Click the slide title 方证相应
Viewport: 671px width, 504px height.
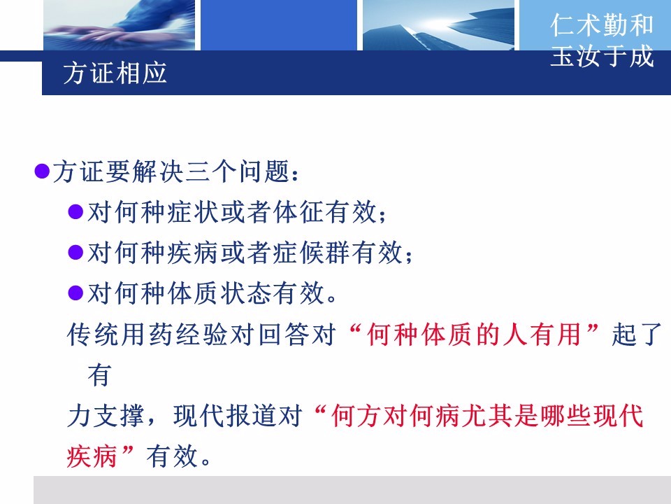(115, 73)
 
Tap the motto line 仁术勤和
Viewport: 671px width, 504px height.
(602, 25)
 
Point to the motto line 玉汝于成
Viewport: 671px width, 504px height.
(602, 56)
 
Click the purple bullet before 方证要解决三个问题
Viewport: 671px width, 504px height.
(42, 171)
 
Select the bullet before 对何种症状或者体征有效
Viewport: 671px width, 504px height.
(75, 211)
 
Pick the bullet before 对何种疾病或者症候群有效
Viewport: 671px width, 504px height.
(75, 253)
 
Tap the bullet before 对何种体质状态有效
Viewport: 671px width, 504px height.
(75, 293)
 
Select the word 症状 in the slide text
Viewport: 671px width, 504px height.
(193, 211)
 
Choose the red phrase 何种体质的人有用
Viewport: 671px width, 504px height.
(474, 335)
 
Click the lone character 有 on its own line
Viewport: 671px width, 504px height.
(99, 375)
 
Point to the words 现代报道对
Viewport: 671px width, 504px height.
(238, 415)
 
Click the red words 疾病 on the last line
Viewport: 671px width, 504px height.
(92, 456)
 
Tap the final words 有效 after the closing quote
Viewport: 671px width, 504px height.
(172, 456)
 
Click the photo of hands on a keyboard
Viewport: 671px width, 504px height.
(119, 25)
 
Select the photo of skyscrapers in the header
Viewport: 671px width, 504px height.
(438, 25)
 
